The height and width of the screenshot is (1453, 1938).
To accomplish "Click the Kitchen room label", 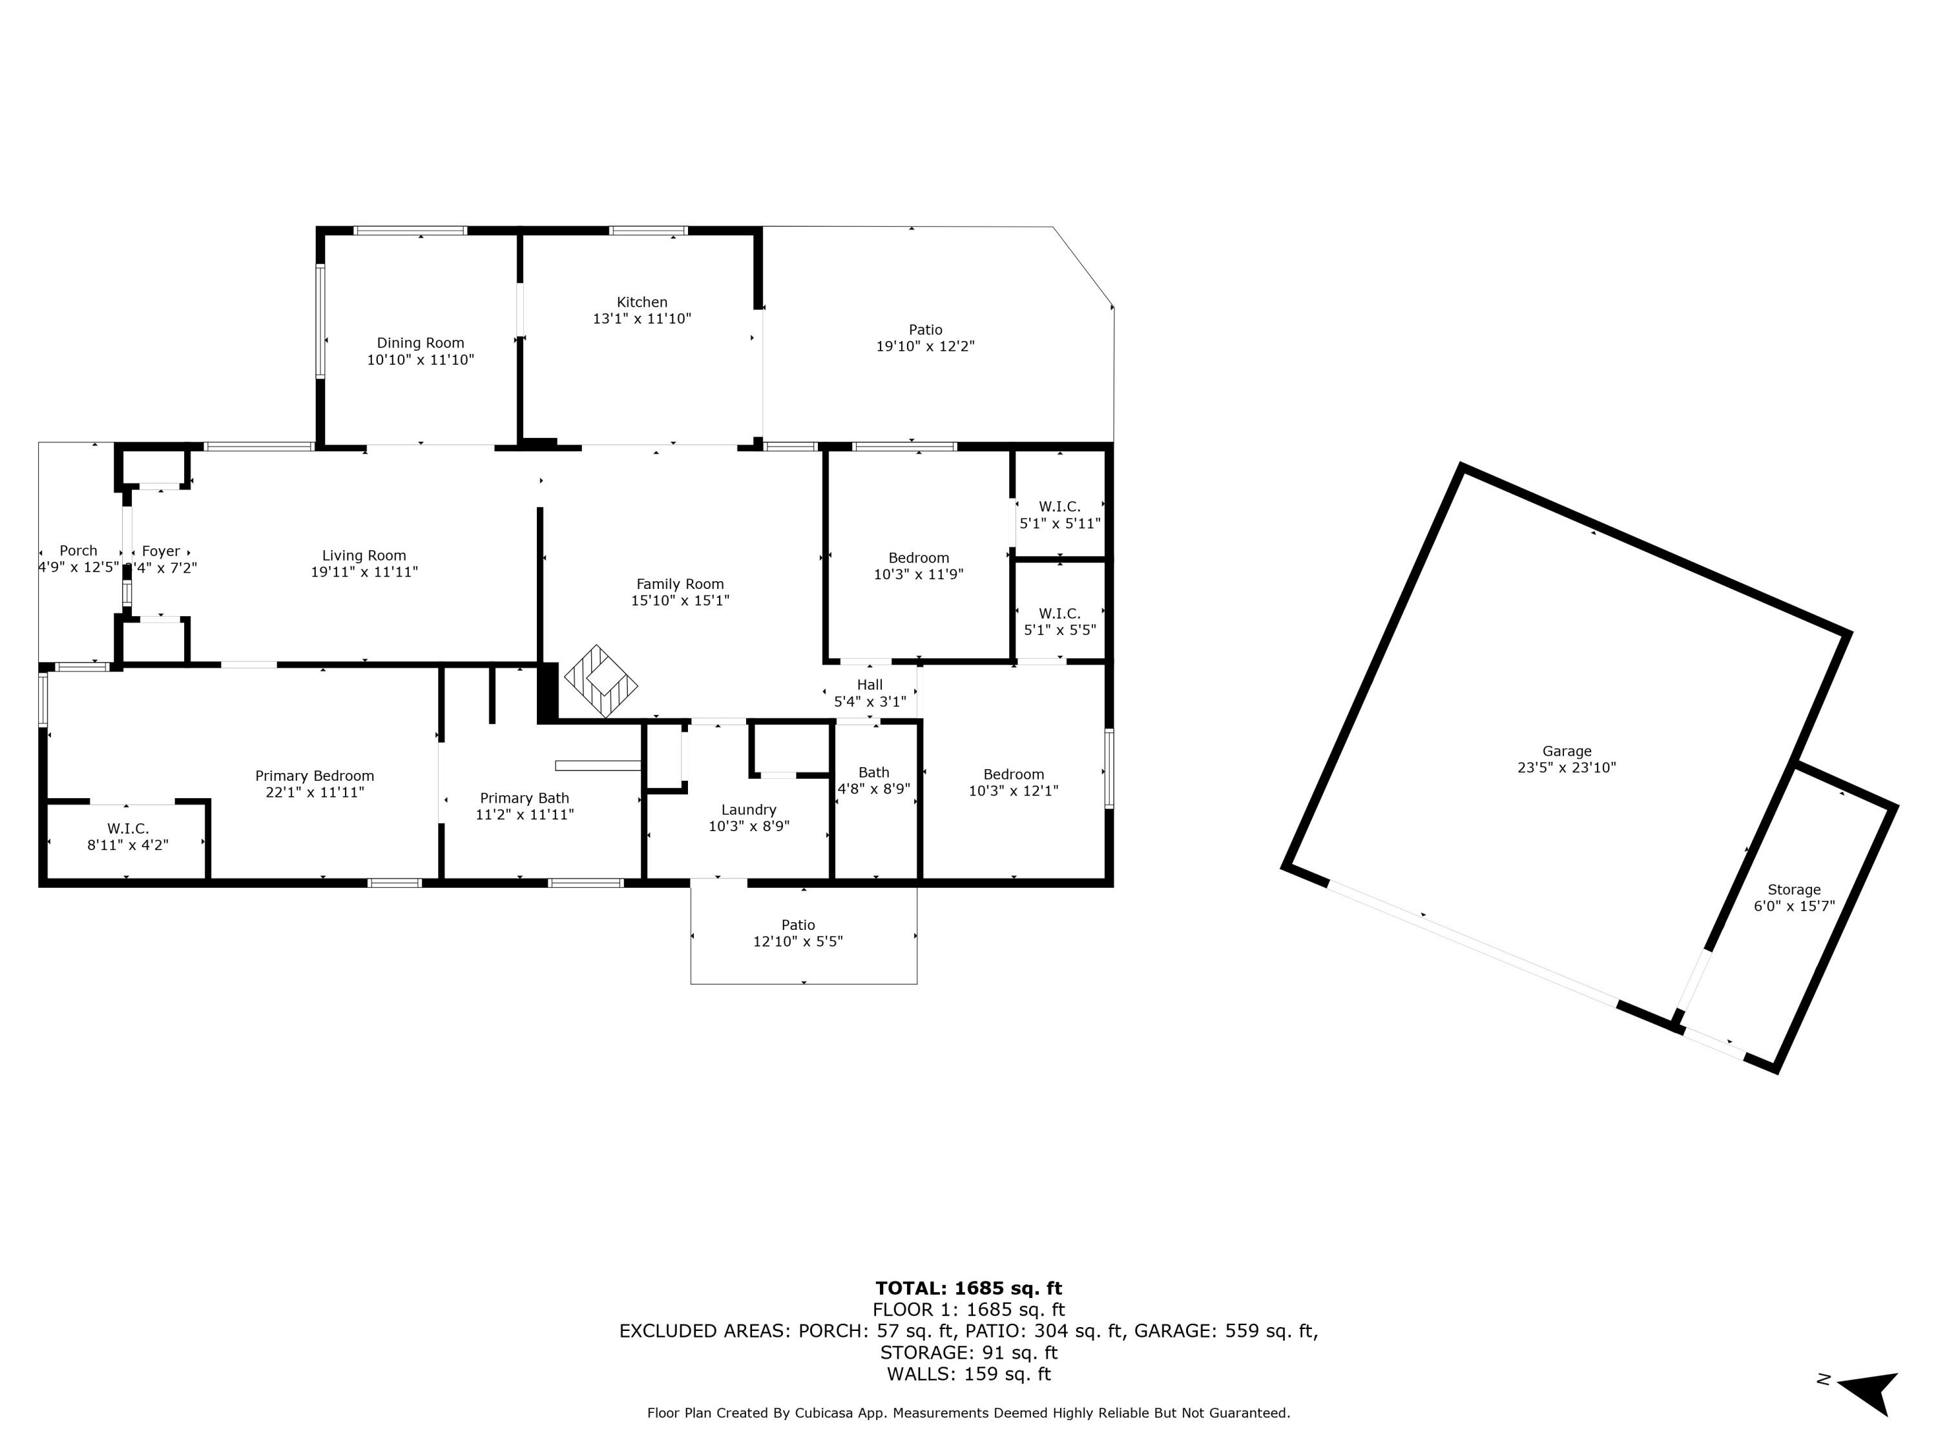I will click(641, 302).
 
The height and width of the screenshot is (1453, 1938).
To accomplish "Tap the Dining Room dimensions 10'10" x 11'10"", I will click(420, 360).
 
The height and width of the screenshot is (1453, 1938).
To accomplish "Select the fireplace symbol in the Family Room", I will click(601, 681).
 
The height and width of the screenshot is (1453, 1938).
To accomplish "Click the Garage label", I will click(1567, 750).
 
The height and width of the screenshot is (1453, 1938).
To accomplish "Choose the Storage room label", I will click(1793, 889).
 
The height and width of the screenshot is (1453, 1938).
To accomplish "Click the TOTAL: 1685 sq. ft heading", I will click(968, 1288).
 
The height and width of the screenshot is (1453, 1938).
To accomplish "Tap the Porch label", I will click(78, 551).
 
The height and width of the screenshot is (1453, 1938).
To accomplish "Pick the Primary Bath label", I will click(524, 798).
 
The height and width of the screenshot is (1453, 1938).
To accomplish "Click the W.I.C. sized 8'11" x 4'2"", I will click(128, 836).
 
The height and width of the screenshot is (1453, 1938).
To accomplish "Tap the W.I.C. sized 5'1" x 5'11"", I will click(1059, 515).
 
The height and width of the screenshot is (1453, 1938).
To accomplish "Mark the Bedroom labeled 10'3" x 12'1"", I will click(1013, 782).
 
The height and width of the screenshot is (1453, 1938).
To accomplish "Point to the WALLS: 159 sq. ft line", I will click(968, 1374).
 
